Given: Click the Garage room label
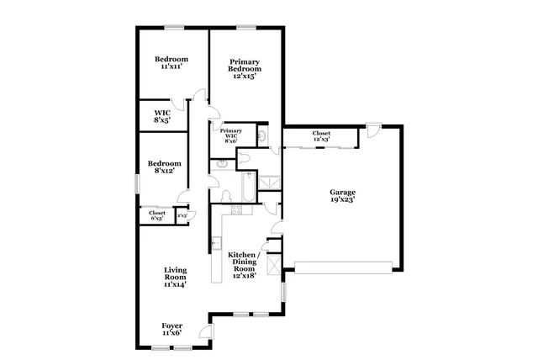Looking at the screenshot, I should pos(342,197).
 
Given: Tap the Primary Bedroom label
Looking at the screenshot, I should pos(245,69).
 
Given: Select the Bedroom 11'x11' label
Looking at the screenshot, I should pos(171,63).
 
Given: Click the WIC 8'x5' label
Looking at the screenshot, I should pos(162,117).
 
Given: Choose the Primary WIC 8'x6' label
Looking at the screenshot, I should pos(231,135).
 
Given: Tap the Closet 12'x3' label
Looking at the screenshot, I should pos(321,136).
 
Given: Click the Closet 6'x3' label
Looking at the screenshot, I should pos(157,216).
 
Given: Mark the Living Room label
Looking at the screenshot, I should pos(174,278).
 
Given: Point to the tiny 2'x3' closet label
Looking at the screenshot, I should pos(182,216).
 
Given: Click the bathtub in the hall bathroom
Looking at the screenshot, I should pos(248,188).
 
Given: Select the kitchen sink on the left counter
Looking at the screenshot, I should pos(214,243).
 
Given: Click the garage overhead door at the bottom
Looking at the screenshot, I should pos(343,267).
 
